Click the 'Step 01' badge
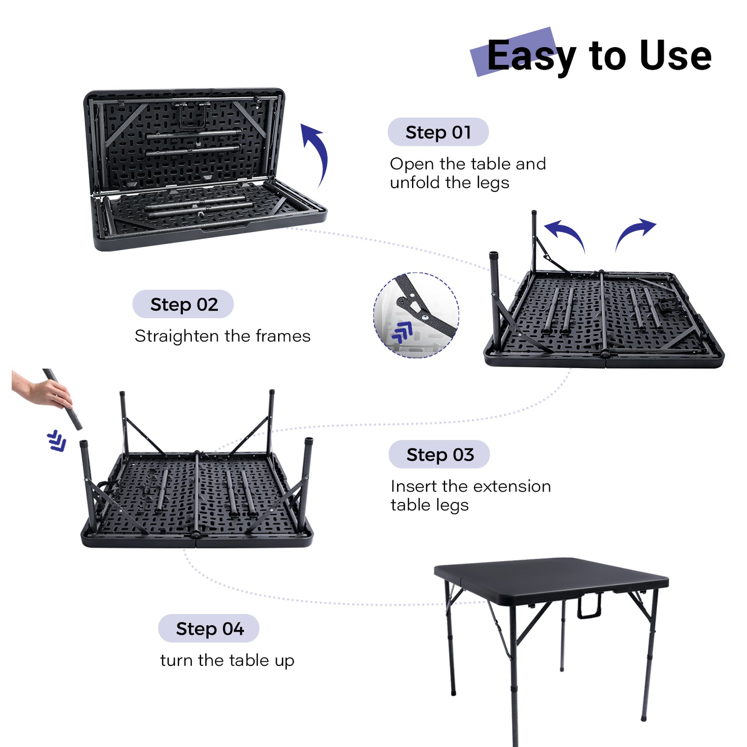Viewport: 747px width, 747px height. [x=438, y=132]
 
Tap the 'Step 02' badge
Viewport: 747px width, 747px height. [x=183, y=304]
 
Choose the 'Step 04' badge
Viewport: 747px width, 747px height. [x=208, y=628]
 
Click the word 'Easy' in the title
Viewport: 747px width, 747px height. [x=531, y=56]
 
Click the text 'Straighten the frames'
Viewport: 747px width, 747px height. [x=222, y=336]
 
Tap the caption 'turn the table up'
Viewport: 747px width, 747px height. [x=227, y=660]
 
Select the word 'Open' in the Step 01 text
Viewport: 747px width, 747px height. [x=413, y=164]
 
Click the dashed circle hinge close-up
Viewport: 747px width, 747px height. [x=416, y=315]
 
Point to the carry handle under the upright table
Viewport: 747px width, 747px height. [x=589, y=606]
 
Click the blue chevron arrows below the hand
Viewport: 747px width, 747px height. [x=56, y=440]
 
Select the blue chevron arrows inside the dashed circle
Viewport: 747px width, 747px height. [x=402, y=331]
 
